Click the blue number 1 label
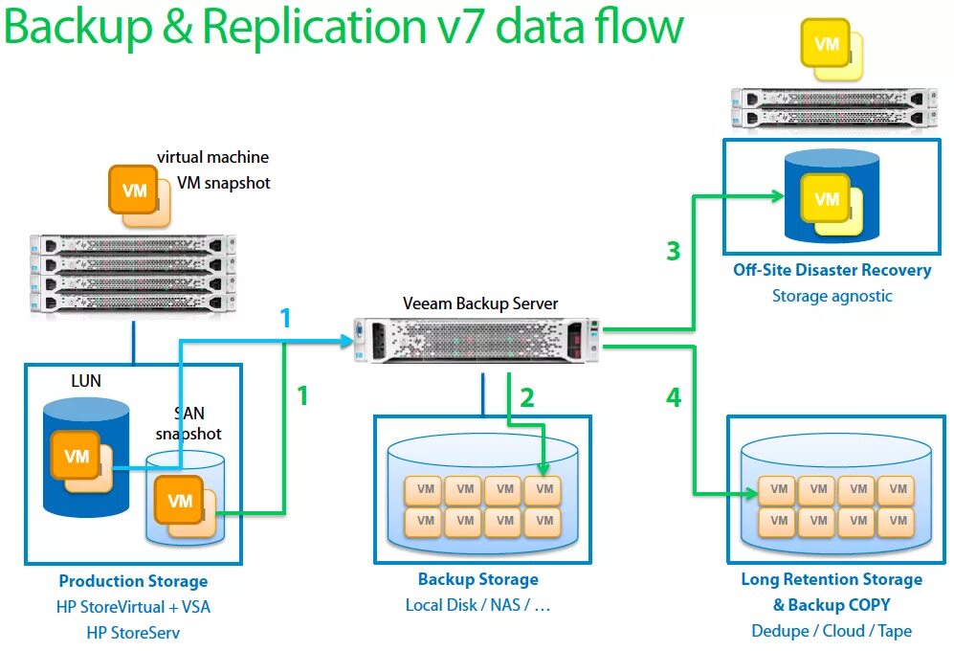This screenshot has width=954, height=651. (285, 319)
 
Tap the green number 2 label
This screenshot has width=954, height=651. (526, 396)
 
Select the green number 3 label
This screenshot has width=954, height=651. (674, 252)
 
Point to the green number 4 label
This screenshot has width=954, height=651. (674, 396)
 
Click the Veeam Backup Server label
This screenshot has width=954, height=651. (479, 303)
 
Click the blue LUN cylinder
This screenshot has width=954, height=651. (86, 457)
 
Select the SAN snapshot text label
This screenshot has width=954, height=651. (189, 423)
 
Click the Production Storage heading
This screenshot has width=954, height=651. (133, 581)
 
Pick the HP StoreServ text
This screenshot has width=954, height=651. (133, 633)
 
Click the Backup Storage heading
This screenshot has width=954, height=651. (477, 579)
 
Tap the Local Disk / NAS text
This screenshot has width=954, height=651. (477, 605)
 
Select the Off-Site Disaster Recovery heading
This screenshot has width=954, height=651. (832, 270)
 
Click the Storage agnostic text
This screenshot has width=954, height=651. (832, 296)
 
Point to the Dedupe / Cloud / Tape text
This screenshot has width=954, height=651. (831, 631)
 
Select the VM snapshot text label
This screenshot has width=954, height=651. (224, 183)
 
